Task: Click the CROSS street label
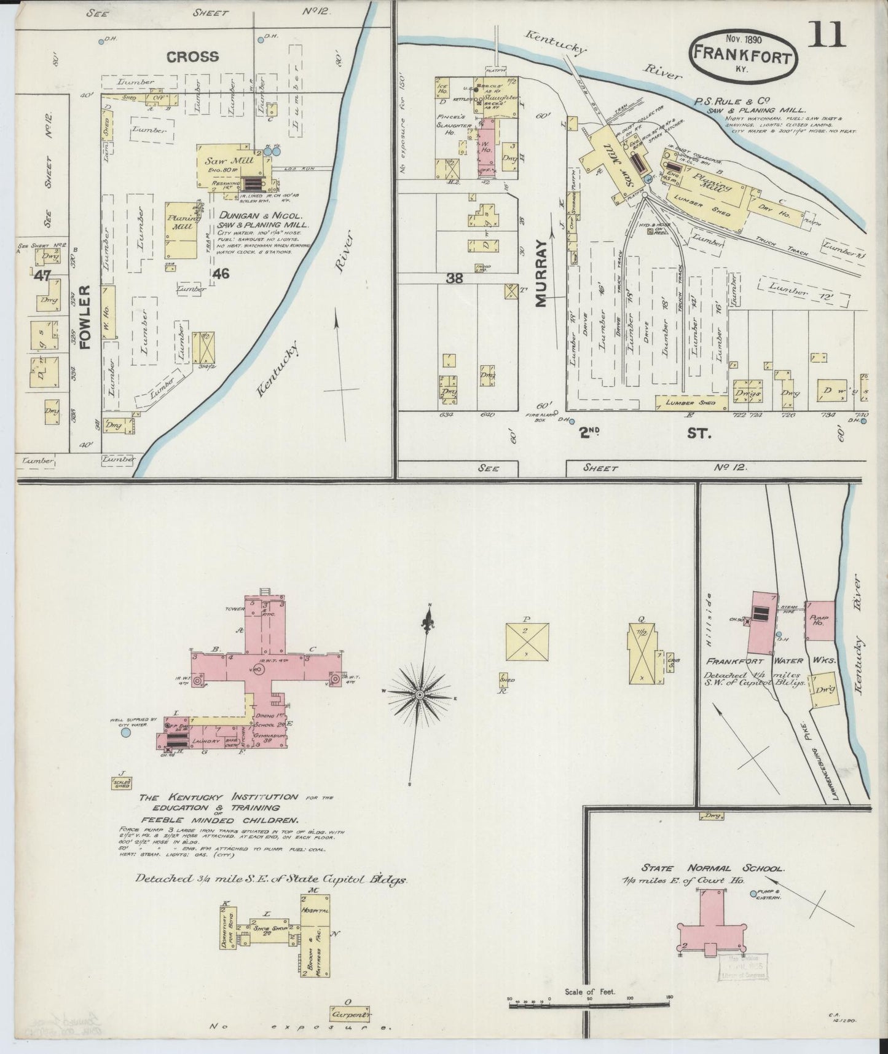click(192, 57)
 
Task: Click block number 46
click(221, 273)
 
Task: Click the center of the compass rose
click(420, 694)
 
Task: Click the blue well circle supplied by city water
click(126, 732)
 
